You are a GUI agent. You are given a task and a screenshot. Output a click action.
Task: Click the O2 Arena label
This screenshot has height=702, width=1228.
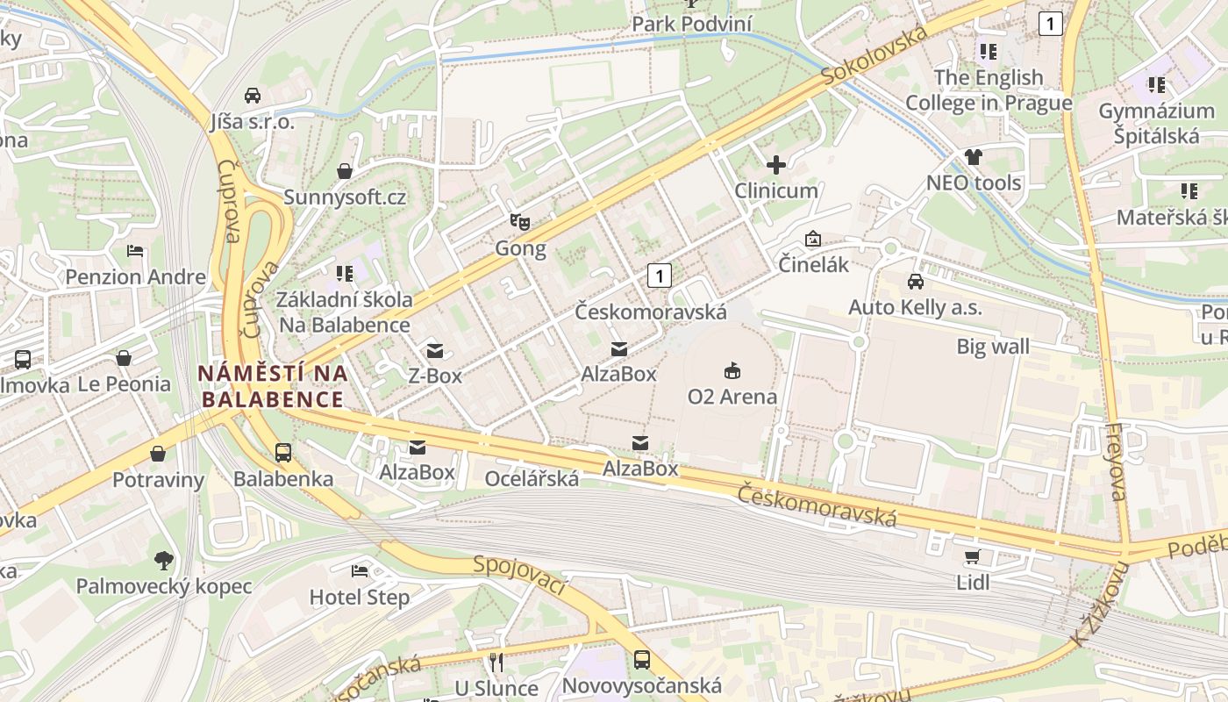click(732, 397)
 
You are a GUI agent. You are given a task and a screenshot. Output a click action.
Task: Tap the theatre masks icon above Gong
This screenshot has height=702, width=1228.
click(520, 222)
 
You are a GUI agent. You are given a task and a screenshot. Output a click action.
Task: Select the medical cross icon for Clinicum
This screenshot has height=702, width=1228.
click(775, 164)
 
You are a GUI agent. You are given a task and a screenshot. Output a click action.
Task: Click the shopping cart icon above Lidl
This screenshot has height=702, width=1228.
click(972, 556)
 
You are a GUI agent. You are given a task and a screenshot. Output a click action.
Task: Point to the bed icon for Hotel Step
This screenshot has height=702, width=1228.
click(360, 571)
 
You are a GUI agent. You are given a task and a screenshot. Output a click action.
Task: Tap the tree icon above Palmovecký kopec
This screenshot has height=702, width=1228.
click(163, 560)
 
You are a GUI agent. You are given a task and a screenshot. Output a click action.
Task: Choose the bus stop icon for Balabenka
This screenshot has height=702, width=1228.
click(282, 453)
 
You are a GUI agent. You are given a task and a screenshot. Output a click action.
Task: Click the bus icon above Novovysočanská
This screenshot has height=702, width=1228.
click(642, 659)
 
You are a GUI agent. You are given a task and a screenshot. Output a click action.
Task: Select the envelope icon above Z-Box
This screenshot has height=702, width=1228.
click(434, 351)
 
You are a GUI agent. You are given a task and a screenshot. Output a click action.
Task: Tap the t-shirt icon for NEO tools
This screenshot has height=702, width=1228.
click(974, 157)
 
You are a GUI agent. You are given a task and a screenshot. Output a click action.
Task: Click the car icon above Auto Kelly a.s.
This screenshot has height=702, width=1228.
click(915, 282)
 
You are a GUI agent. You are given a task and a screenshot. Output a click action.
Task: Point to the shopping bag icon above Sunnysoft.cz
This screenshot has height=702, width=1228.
click(345, 170)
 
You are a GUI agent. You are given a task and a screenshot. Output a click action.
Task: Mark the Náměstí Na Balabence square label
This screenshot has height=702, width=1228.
click(272, 386)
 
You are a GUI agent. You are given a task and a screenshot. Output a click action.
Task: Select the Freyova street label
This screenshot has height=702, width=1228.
click(1116, 462)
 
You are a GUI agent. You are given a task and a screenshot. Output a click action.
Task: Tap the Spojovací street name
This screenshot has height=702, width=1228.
click(519, 575)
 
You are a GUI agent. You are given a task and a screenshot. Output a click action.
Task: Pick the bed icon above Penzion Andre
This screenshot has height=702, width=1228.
click(135, 251)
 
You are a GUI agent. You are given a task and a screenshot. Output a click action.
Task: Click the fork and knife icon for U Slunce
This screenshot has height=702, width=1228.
click(496, 662)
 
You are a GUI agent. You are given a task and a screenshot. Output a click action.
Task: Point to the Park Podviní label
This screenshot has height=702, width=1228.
click(692, 24)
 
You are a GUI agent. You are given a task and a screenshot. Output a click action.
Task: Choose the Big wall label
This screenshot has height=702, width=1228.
click(993, 347)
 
